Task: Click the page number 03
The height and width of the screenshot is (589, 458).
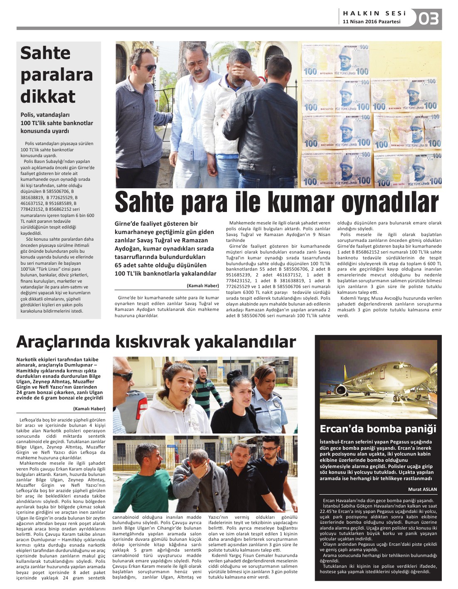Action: pos(428,19)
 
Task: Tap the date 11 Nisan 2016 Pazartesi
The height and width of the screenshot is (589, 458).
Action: pos(372,22)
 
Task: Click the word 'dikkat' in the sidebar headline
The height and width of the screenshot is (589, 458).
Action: pos(48,96)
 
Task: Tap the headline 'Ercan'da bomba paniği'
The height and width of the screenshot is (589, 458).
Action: pos(378,429)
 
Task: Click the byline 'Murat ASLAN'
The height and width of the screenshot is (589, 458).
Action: pos(422,489)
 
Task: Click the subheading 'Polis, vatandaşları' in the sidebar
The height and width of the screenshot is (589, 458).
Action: pos(45,115)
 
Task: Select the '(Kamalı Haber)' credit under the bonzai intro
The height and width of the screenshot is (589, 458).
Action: pos(89,409)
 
